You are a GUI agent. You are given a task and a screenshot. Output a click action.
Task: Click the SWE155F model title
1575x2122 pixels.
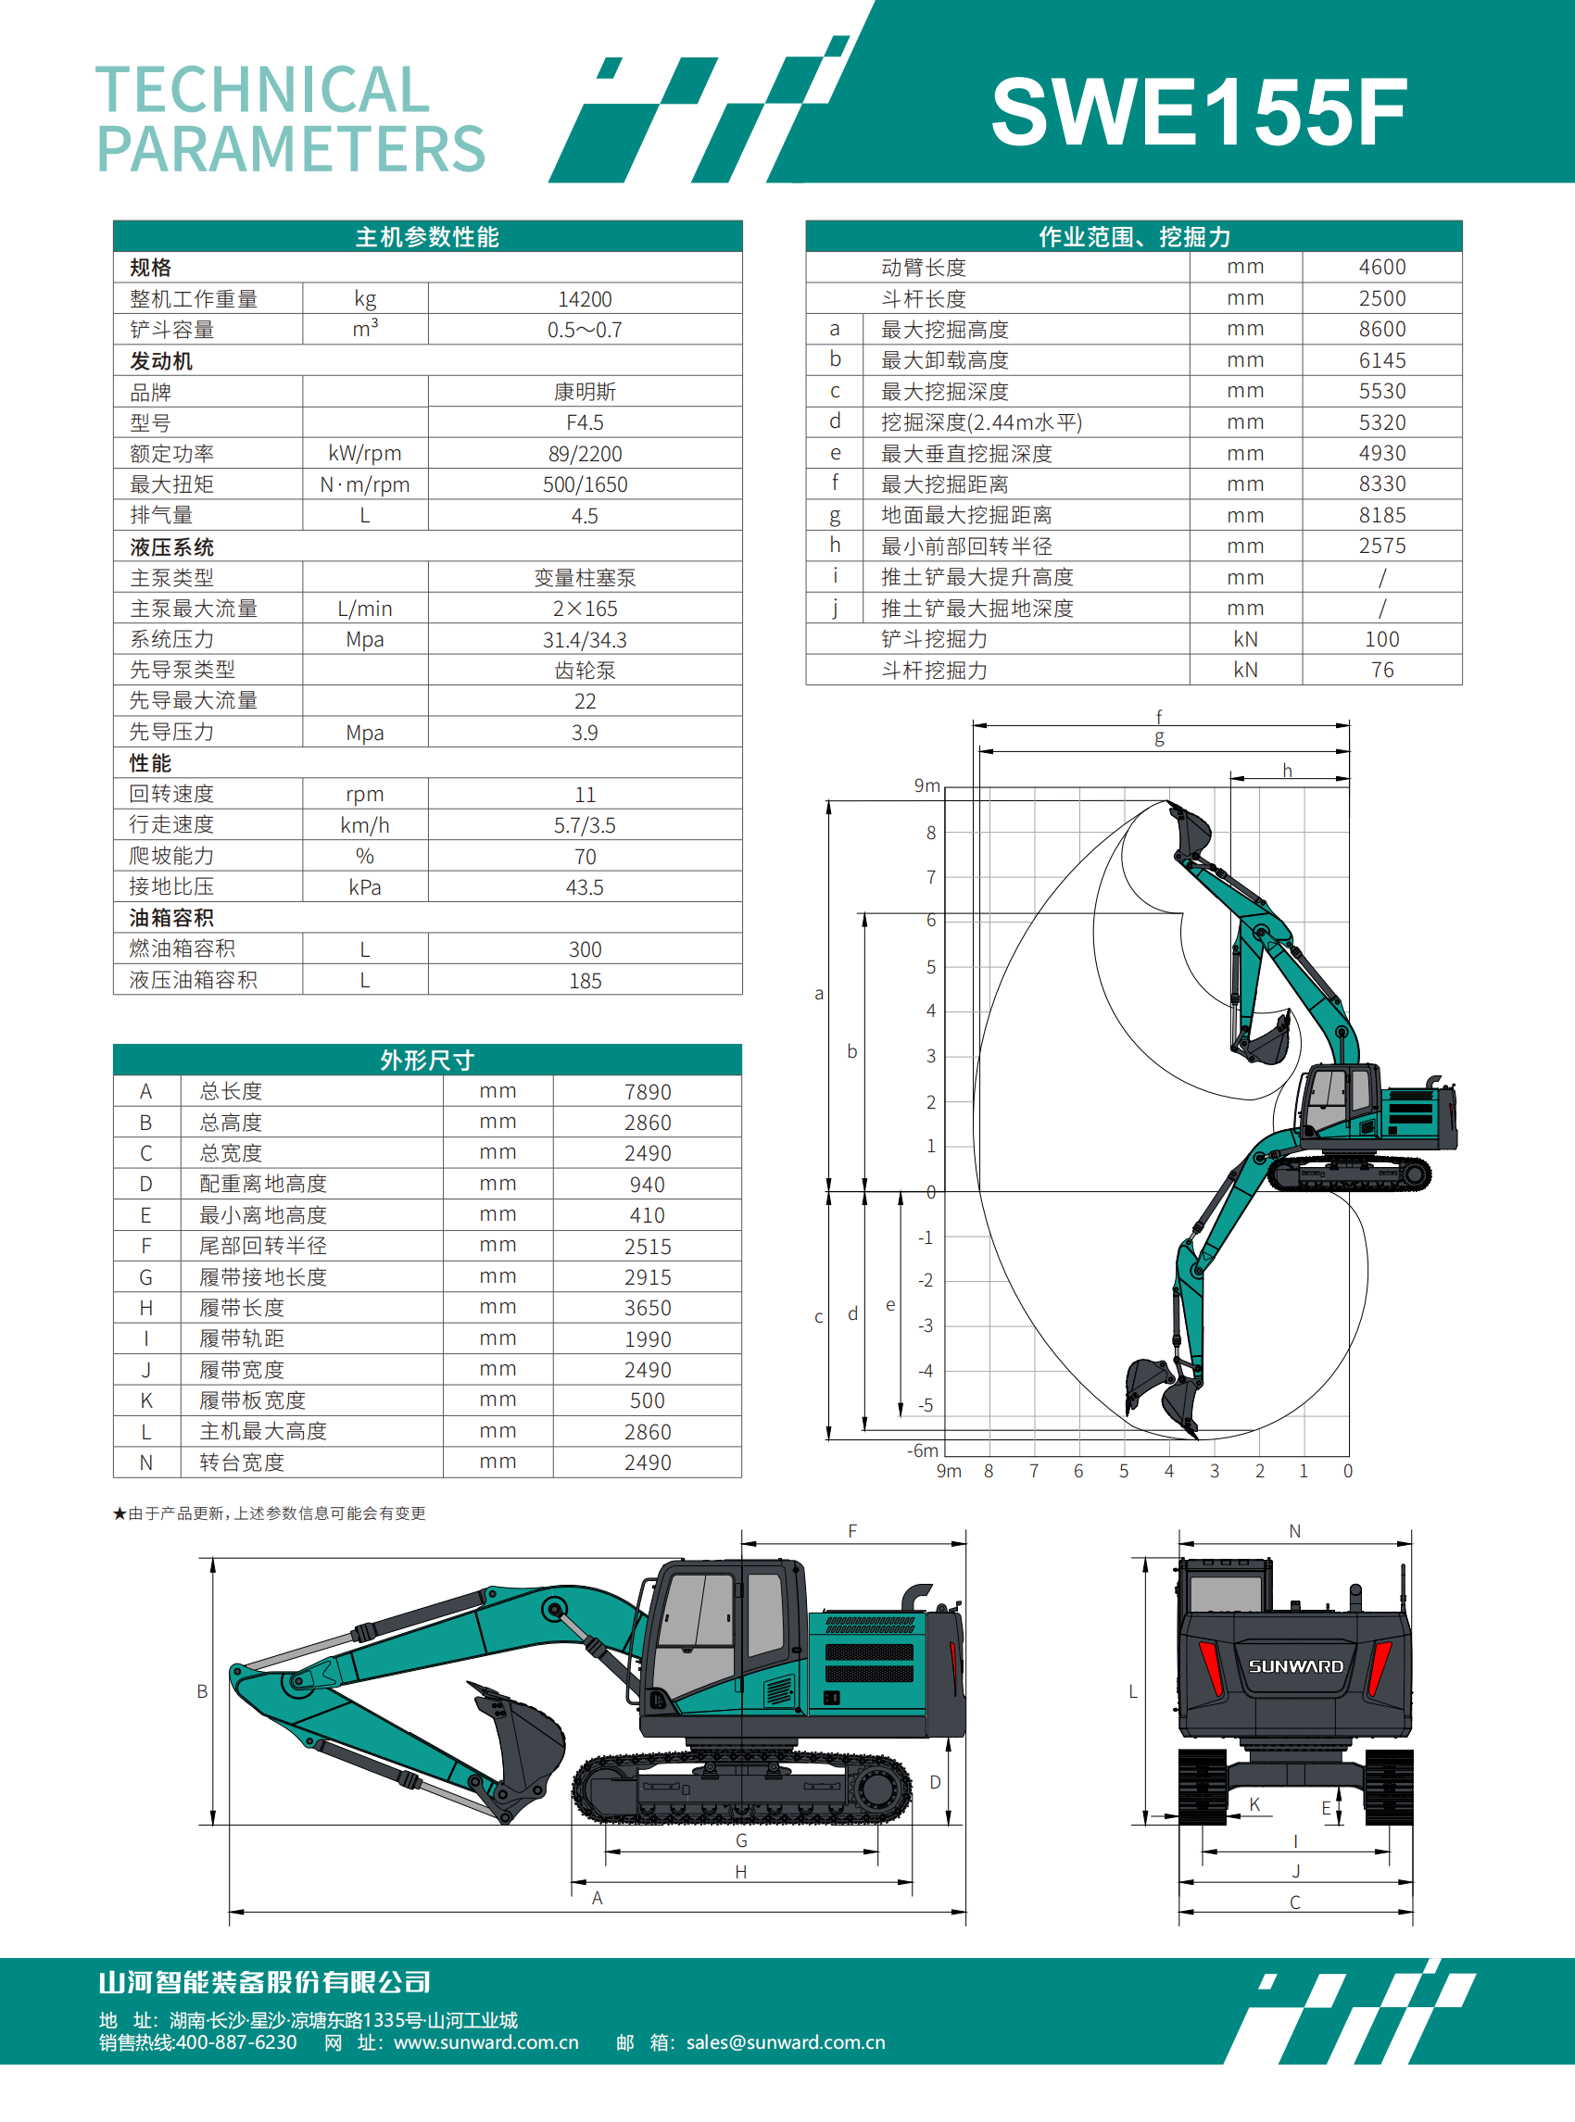point(1199,112)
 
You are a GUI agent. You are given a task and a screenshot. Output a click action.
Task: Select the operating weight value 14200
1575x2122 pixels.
point(585,299)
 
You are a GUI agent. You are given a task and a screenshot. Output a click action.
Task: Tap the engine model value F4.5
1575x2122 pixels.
point(585,422)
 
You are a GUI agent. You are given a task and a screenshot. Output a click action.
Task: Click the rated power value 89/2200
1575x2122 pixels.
point(585,454)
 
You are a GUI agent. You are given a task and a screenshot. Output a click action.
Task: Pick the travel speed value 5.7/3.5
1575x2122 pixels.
point(585,825)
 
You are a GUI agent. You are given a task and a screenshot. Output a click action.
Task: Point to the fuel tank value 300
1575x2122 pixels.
point(585,949)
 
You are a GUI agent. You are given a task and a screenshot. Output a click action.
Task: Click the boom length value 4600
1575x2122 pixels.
point(1381,267)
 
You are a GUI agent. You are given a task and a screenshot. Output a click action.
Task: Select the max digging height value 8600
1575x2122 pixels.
point(1381,329)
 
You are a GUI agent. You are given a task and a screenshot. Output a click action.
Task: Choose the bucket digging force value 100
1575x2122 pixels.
point(1381,639)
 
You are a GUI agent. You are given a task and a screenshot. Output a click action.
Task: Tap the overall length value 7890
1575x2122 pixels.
point(648,1091)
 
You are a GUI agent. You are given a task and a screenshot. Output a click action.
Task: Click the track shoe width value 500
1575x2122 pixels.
point(648,1400)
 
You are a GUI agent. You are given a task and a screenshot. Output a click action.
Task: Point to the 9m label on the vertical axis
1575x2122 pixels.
point(926,785)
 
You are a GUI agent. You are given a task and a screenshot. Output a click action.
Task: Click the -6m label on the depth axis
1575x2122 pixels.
point(922,1450)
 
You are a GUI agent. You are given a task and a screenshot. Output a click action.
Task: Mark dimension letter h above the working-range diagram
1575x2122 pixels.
point(1287,771)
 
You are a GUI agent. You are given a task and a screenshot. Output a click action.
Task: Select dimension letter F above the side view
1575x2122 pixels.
point(852,1531)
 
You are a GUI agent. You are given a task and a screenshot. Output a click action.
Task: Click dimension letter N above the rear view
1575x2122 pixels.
point(1294,1531)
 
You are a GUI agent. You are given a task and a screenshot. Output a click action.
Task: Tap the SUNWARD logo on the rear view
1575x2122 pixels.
point(1295,1666)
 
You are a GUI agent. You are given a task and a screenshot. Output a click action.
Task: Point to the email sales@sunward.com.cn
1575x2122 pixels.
point(786,2042)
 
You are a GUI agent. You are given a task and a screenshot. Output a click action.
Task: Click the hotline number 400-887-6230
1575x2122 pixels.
point(236,2042)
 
